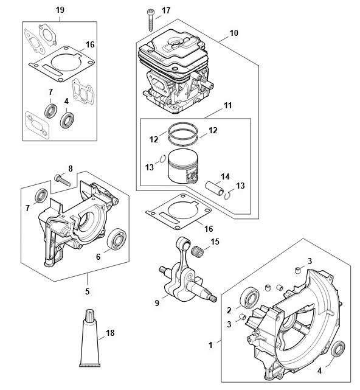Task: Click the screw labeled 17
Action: point(151,20)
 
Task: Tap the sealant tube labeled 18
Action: point(90,338)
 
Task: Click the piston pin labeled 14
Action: point(214,189)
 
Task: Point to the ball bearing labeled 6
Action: point(117,239)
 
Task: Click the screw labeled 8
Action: point(63,180)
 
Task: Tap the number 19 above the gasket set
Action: point(60,10)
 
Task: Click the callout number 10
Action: point(234,33)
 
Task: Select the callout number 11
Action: point(227,105)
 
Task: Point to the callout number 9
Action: point(157,303)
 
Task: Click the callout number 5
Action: point(87,291)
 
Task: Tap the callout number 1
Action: point(210,345)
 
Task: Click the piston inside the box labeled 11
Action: point(183,166)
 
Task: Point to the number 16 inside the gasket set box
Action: point(90,44)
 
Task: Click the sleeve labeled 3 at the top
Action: point(297,270)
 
